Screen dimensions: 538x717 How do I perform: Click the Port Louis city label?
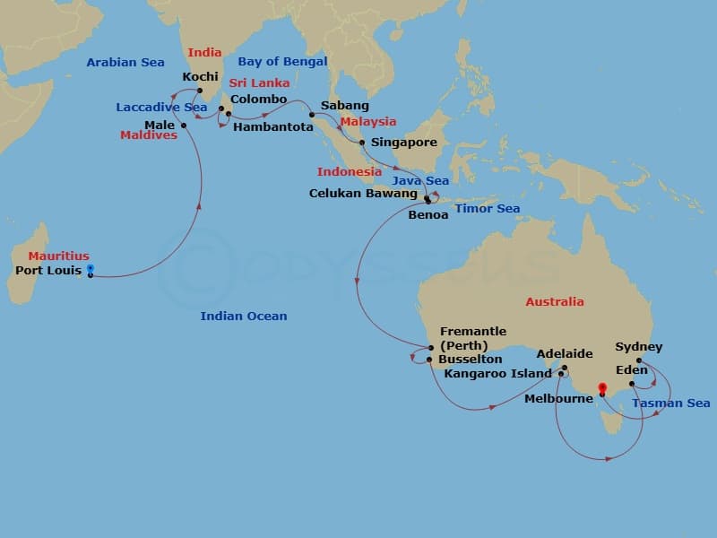[x=49, y=270]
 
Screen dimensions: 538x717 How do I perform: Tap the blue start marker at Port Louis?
[x=90, y=269]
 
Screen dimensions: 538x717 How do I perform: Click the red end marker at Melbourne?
[x=602, y=389]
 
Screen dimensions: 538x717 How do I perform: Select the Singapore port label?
[x=403, y=143]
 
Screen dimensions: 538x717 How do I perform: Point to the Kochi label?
[x=200, y=77]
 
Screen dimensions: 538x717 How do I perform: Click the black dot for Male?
[x=183, y=125]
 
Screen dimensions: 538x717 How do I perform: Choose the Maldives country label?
[x=148, y=135]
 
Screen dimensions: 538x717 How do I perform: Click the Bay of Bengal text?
[x=282, y=62]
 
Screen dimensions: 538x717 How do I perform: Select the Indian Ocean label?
[x=244, y=316]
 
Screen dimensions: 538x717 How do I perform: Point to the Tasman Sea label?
[x=671, y=403]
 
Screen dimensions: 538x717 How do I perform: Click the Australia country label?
[x=554, y=302]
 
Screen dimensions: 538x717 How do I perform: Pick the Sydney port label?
[x=638, y=347]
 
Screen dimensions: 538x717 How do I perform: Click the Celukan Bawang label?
[x=363, y=193]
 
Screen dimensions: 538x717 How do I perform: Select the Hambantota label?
[x=272, y=127]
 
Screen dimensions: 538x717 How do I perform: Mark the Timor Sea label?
[x=488, y=208]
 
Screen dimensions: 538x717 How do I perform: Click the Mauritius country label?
[x=58, y=256]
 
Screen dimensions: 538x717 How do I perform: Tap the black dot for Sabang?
[x=312, y=114]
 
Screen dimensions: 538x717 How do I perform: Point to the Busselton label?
[x=470, y=359]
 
